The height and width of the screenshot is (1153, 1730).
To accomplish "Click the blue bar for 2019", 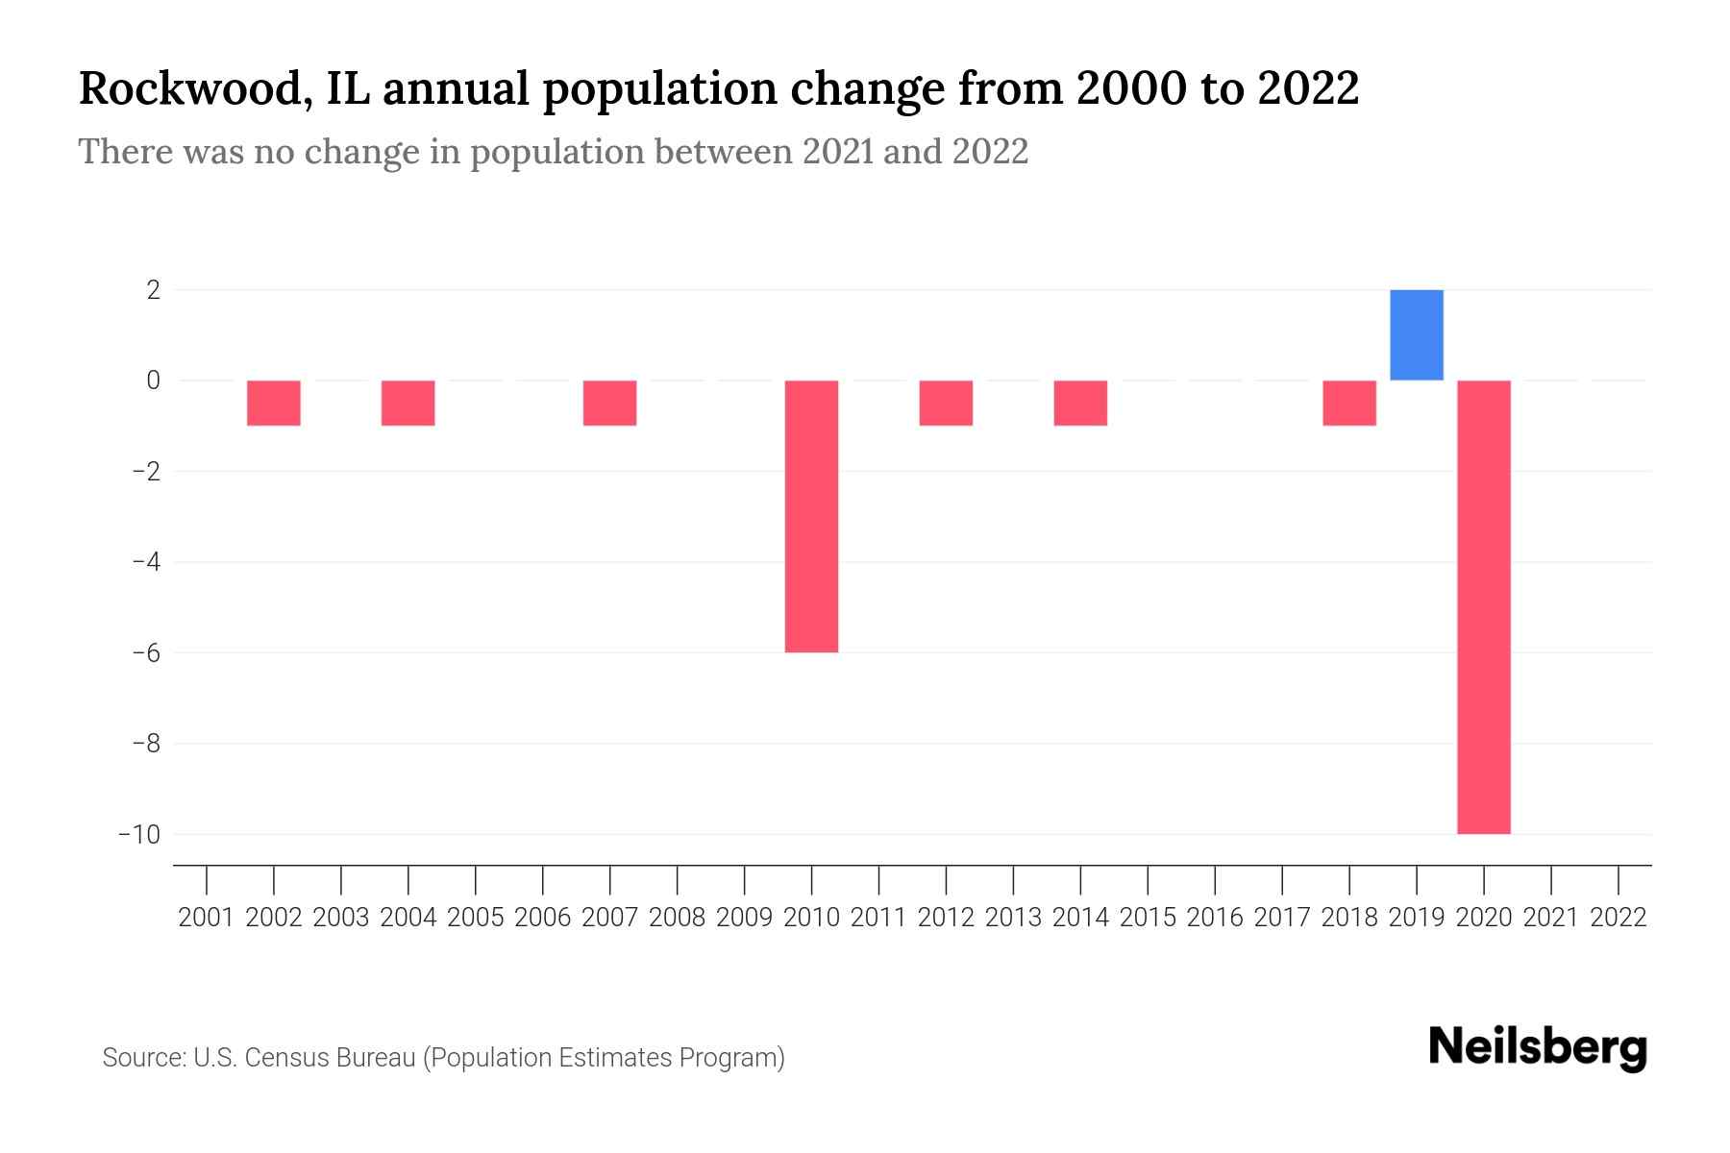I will coord(1416,334).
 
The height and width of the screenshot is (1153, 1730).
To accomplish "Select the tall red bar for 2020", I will coord(1483,607).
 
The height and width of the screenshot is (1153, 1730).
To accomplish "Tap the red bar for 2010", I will coord(811,516).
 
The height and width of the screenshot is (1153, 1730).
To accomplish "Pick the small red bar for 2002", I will coord(274,403).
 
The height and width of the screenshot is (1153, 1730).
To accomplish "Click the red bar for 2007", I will coord(609,403).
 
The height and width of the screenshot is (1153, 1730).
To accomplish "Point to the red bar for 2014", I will coord(1080,403).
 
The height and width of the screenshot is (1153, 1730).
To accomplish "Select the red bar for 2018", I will coord(1348,403).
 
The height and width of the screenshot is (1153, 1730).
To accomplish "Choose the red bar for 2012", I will coord(946,403).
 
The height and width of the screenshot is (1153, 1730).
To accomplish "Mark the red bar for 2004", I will coord(408,403).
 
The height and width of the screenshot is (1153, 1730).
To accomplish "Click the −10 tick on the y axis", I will coord(139,834).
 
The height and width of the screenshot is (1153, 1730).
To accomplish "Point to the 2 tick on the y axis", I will coord(153,289).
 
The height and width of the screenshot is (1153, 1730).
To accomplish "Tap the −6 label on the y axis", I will coord(146,652).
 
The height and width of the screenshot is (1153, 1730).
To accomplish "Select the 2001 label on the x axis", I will coord(207,918).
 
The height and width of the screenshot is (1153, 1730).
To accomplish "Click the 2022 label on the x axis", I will coord(1619,918).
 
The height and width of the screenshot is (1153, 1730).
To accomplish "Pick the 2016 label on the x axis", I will coord(1215,918).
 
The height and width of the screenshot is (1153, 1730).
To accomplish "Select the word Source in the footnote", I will coord(143,1058).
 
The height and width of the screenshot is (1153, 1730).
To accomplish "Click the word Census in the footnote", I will coord(284,1058).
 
